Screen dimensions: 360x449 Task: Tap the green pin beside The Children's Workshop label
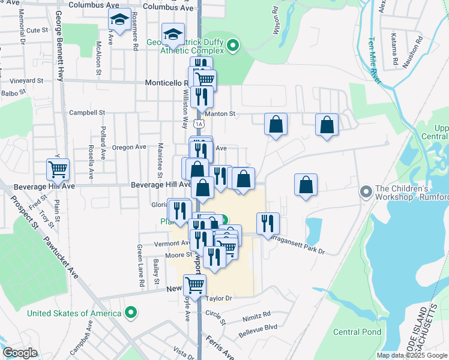click(x=365, y=192)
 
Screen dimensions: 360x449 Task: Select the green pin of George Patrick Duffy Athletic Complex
click(x=234, y=45)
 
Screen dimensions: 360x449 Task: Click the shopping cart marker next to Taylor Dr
click(x=194, y=285)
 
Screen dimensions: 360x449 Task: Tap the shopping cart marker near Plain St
click(x=58, y=170)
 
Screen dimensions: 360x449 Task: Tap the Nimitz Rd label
click(x=258, y=313)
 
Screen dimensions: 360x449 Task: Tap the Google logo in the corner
click(x=20, y=353)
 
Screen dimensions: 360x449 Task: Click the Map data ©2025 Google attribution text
click(x=412, y=355)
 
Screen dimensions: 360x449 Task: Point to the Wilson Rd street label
click(x=276, y=20)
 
